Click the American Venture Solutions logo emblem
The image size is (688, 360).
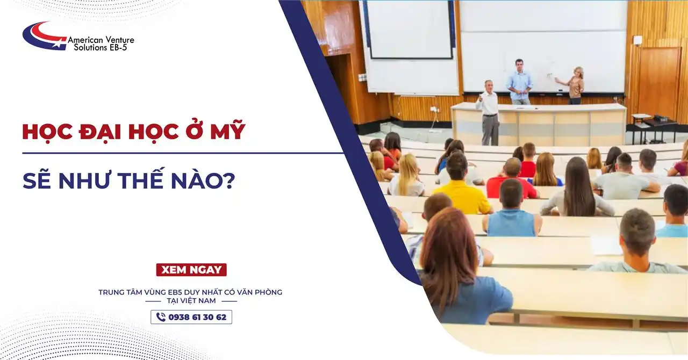pos(44,35)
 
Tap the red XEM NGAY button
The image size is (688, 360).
pos(191,270)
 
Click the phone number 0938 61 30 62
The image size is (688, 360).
pos(197,317)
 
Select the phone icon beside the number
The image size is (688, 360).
pos(161,317)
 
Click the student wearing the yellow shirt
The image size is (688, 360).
pos(461,185)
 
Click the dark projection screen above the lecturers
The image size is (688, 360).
pos(408,30)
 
